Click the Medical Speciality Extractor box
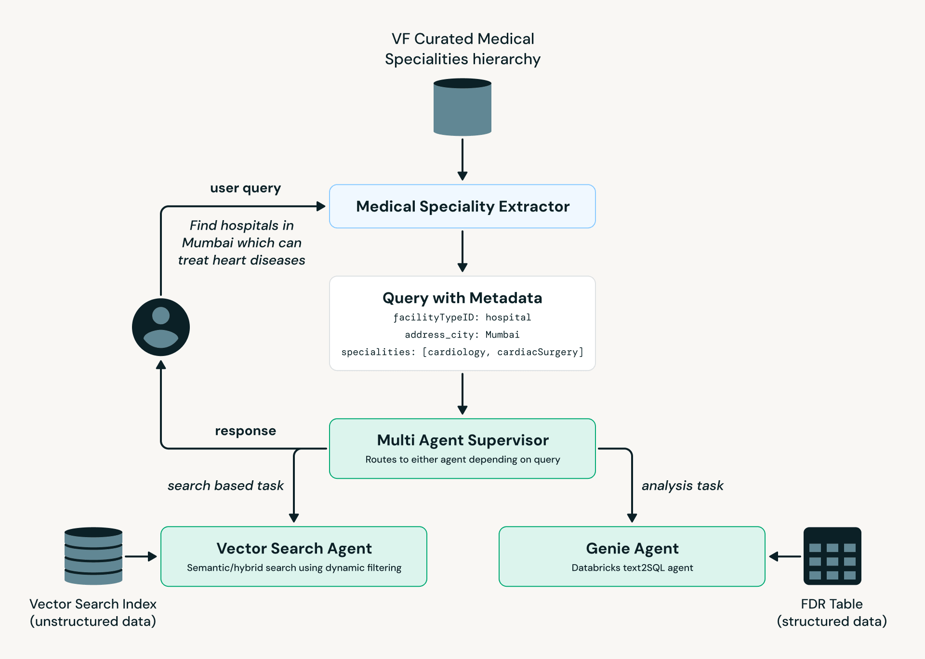click(x=462, y=206)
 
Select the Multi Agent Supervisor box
click(x=462, y=448)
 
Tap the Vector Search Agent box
click(x=294, y=556)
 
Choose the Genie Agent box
click(x=632, y=556)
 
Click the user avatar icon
click(x=161, y=327)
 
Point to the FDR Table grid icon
click(x=832, y=556)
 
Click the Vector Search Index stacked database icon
click(x=93, y=556)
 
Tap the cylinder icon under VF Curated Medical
click(x=462, y=107)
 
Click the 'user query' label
click(x=245, y=188)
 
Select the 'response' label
click(x=245, y=431)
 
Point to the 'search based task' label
click(x=225, y=486)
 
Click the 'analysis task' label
click(x=682, y=486)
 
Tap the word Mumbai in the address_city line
click(x=502, y=335)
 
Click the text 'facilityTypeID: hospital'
click(x=462, y=317)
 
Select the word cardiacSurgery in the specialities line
click(x=537, y=352)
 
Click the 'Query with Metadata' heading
click(x=462, y=298)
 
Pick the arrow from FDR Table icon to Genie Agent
click(x=785, y=556)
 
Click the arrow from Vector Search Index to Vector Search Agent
click(x=141, y=556)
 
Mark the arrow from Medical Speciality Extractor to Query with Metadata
click(x=462, y=251)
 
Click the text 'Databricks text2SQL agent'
click(x=632, y=568)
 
